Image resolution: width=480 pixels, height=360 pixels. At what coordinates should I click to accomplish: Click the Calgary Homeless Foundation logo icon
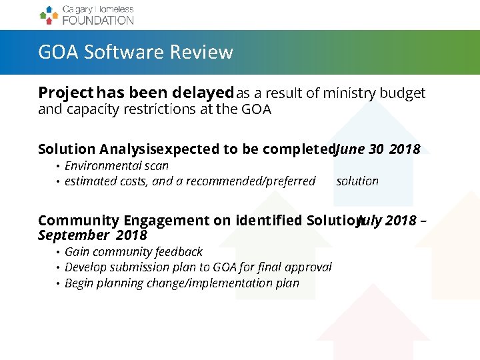(x=49, y=15)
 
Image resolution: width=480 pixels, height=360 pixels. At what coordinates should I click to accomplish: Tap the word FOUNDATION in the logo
(x=98, y=20)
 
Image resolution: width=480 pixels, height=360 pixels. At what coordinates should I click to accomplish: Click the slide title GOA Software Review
(x=135, y=52)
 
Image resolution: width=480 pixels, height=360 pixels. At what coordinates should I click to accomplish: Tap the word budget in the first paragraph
(x=402, y=93)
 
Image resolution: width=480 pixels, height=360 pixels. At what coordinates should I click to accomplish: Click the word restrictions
(x=156, y=109)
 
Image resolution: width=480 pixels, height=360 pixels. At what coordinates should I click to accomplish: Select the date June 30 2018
(x=377, y=149)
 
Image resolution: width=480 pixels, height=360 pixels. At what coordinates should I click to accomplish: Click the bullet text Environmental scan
(x=117, y=165)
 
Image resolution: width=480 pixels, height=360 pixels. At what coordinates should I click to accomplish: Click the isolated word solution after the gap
(x=357, y=181)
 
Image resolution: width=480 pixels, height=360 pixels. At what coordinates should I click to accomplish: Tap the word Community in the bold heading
(x=78, y=221)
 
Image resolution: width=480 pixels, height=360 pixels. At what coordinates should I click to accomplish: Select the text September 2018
(x=93, y=235)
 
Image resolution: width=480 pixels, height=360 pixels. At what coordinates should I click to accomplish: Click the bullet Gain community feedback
(x=133, y=251)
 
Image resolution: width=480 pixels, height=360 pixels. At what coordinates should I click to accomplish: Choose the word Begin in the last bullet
(x=79, y=283)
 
